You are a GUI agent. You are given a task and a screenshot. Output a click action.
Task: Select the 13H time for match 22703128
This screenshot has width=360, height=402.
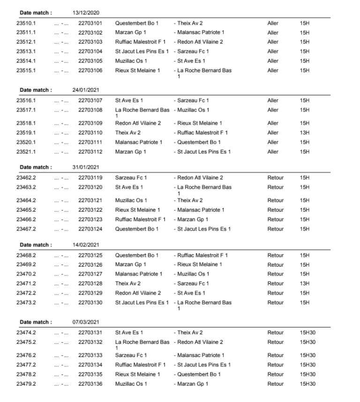303,283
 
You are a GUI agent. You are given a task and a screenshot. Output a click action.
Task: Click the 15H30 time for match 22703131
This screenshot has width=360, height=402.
307,333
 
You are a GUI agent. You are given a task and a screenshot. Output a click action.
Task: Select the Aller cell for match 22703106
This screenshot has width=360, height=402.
272,70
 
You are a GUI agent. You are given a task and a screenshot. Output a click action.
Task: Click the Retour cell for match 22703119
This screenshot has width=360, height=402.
275,178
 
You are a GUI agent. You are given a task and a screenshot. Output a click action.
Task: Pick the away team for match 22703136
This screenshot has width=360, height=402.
192,384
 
